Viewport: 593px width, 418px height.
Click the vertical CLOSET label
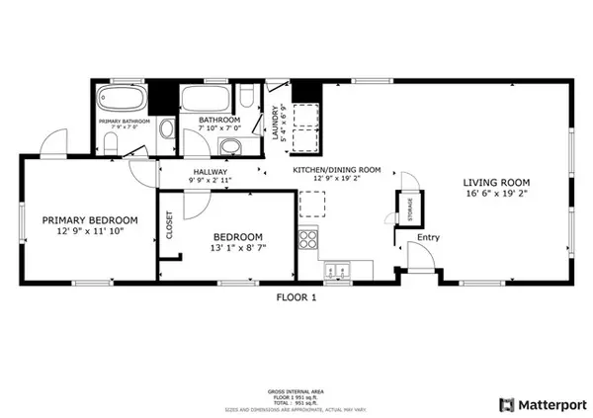point(169,225)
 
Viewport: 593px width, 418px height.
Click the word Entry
point(428,237)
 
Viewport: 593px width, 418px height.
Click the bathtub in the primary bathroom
point(123,102)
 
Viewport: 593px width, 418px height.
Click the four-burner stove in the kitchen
point(308,240)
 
